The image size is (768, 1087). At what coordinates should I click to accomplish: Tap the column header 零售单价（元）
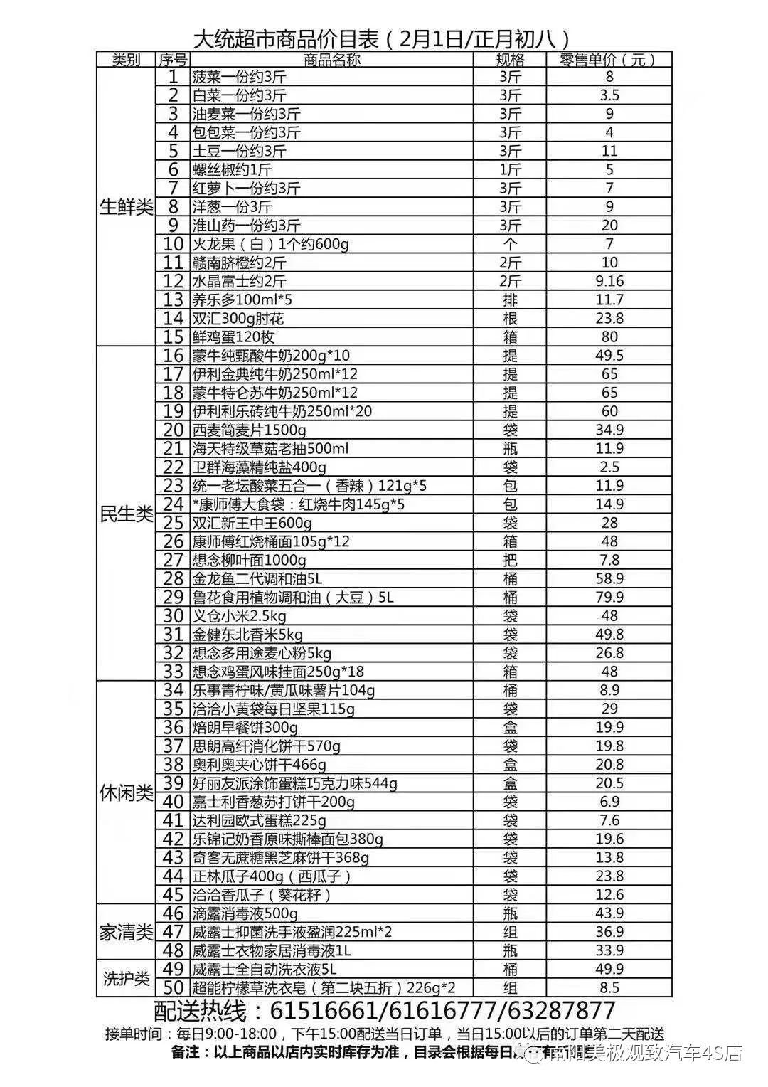pyautogui.click(x=608, y=60)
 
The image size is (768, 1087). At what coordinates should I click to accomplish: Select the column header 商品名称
pyautogui.click(x=331, y=60)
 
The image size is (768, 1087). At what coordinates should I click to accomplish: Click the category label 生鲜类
pyautogui.click(x=126, y=207)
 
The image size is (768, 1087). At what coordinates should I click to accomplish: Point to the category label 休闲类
pyautogui.click(x=126, y=792)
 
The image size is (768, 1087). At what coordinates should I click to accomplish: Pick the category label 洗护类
pyautogui.click(x=126, y=978)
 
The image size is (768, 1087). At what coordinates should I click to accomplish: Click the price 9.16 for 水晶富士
pyautogui.click(x=609, y=281)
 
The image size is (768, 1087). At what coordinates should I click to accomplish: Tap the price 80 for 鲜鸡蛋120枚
pyautogui.click(x=609, y=336)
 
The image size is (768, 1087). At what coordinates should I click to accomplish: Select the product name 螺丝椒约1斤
pyautogui.click(x=232, y=169)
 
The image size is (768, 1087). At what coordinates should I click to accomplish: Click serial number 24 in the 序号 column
pyautogui.click(x=174, y=504)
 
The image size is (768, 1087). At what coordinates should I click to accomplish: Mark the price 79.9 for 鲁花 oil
pyautogui.click(x=609, y=597)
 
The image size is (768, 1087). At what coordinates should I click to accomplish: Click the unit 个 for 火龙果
pyautogui.click(x=510, y=244)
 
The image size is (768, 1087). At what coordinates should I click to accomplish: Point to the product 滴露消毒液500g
pyautogui.click(x=245, y=913)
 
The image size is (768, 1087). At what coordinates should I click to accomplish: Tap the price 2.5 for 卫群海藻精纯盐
pyautogui.click(x=609, y=467)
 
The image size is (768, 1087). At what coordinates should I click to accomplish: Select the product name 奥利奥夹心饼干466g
pyautogui.click(x=260, y=765)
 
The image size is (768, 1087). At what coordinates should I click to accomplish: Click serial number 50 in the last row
pyautogui.click(x=174, y=987)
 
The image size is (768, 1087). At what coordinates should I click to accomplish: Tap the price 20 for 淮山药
pyautogui.click(x=609, y=226)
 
